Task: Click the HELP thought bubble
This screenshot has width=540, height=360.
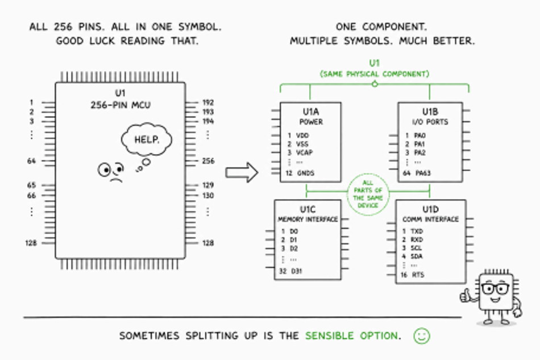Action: click(x=146, y=139)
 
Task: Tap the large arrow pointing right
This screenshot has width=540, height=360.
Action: click(x=242, y=172)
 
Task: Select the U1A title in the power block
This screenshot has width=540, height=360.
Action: click(x=310, y=111)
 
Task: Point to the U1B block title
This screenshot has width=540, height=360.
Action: click(x=430, y=111)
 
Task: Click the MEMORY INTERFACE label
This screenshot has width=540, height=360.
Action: click(x=308, y=220)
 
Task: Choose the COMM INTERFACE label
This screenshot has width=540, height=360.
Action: click(x=430, y=220)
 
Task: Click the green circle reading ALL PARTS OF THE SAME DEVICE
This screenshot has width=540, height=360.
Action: click(x=368, y=195)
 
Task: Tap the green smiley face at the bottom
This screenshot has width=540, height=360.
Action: click(x=422, y=336)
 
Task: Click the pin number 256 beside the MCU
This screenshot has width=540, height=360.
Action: click(x=209, y=161)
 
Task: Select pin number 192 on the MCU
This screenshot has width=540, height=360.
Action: click(x=208, y=103)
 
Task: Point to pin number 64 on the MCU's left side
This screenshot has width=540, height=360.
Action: click(x=31, y=161)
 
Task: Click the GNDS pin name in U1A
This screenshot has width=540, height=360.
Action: click(x=306, y=173)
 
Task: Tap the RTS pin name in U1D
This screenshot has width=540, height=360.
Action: click(x=418, y=275)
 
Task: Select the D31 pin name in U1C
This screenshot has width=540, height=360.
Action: click(x=297, y=271)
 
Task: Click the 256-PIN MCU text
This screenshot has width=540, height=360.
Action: click(x=121, y=105)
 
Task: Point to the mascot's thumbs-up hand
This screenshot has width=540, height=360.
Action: click(x=466, y=295)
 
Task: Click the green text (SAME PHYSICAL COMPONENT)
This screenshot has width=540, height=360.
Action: click(x=375, y=74)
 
